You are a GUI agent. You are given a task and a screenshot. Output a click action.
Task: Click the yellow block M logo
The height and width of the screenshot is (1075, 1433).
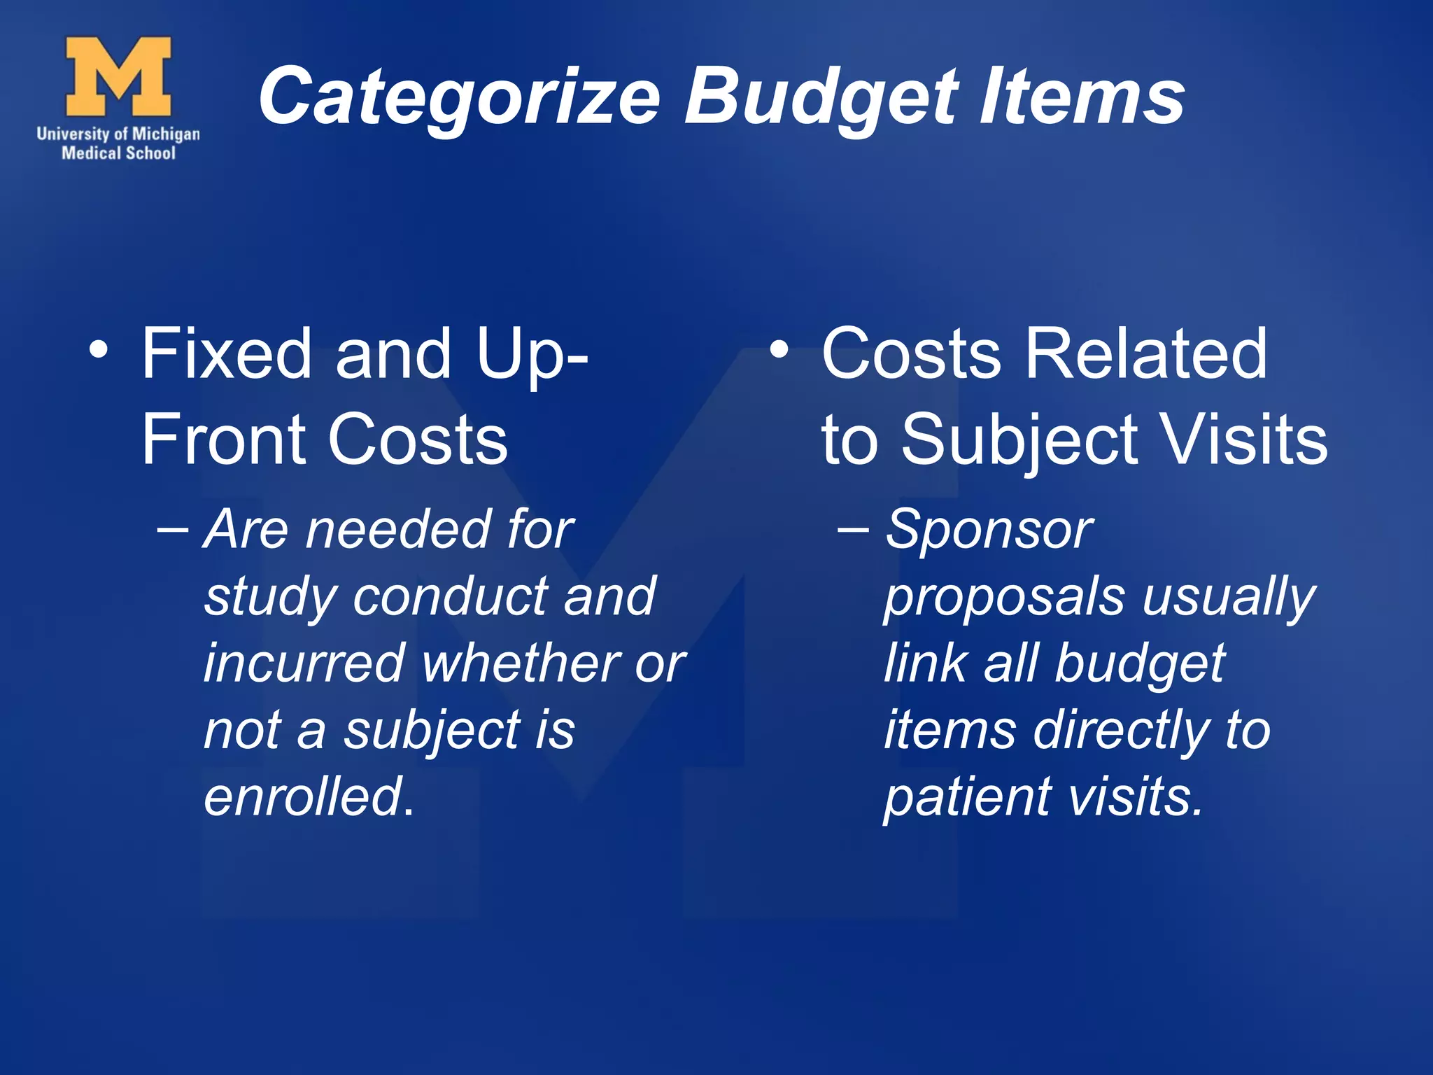118,76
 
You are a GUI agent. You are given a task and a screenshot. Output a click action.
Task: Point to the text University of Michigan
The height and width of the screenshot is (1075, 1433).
118,134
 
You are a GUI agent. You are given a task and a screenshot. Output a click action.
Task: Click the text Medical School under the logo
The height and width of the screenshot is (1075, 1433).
118,153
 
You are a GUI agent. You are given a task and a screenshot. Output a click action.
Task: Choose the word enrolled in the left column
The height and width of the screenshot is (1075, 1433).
304,797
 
